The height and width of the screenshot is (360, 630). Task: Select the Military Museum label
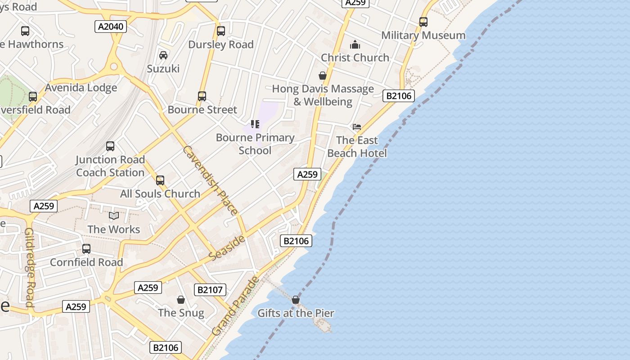click(423, 35)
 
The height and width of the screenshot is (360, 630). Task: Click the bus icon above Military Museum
click(423, 22)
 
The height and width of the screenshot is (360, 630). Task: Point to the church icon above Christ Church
click(355, 45)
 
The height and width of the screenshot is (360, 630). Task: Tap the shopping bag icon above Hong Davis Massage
click(323, 75)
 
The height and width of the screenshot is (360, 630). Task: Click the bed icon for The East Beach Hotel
click(357, 127)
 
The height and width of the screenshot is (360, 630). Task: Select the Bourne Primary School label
click(255, 144)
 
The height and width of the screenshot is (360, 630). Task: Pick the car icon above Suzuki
click(163, 55)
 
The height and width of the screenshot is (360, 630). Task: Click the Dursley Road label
click(221, 45)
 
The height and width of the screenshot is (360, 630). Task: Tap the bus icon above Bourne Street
click(202, 96)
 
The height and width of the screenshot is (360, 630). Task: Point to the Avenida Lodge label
click(81, 88)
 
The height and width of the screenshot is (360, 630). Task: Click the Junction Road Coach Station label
click(110, 166)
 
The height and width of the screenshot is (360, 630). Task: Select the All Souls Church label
click(160, 194)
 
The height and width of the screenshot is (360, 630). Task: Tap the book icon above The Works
click(114, 216)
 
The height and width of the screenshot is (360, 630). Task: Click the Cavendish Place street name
click(211, 180)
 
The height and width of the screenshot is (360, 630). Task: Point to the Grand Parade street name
click(236, 306)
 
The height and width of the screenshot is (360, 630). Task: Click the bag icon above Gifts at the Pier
click(296, 300)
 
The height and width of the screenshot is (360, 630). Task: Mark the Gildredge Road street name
click(30, 267)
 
